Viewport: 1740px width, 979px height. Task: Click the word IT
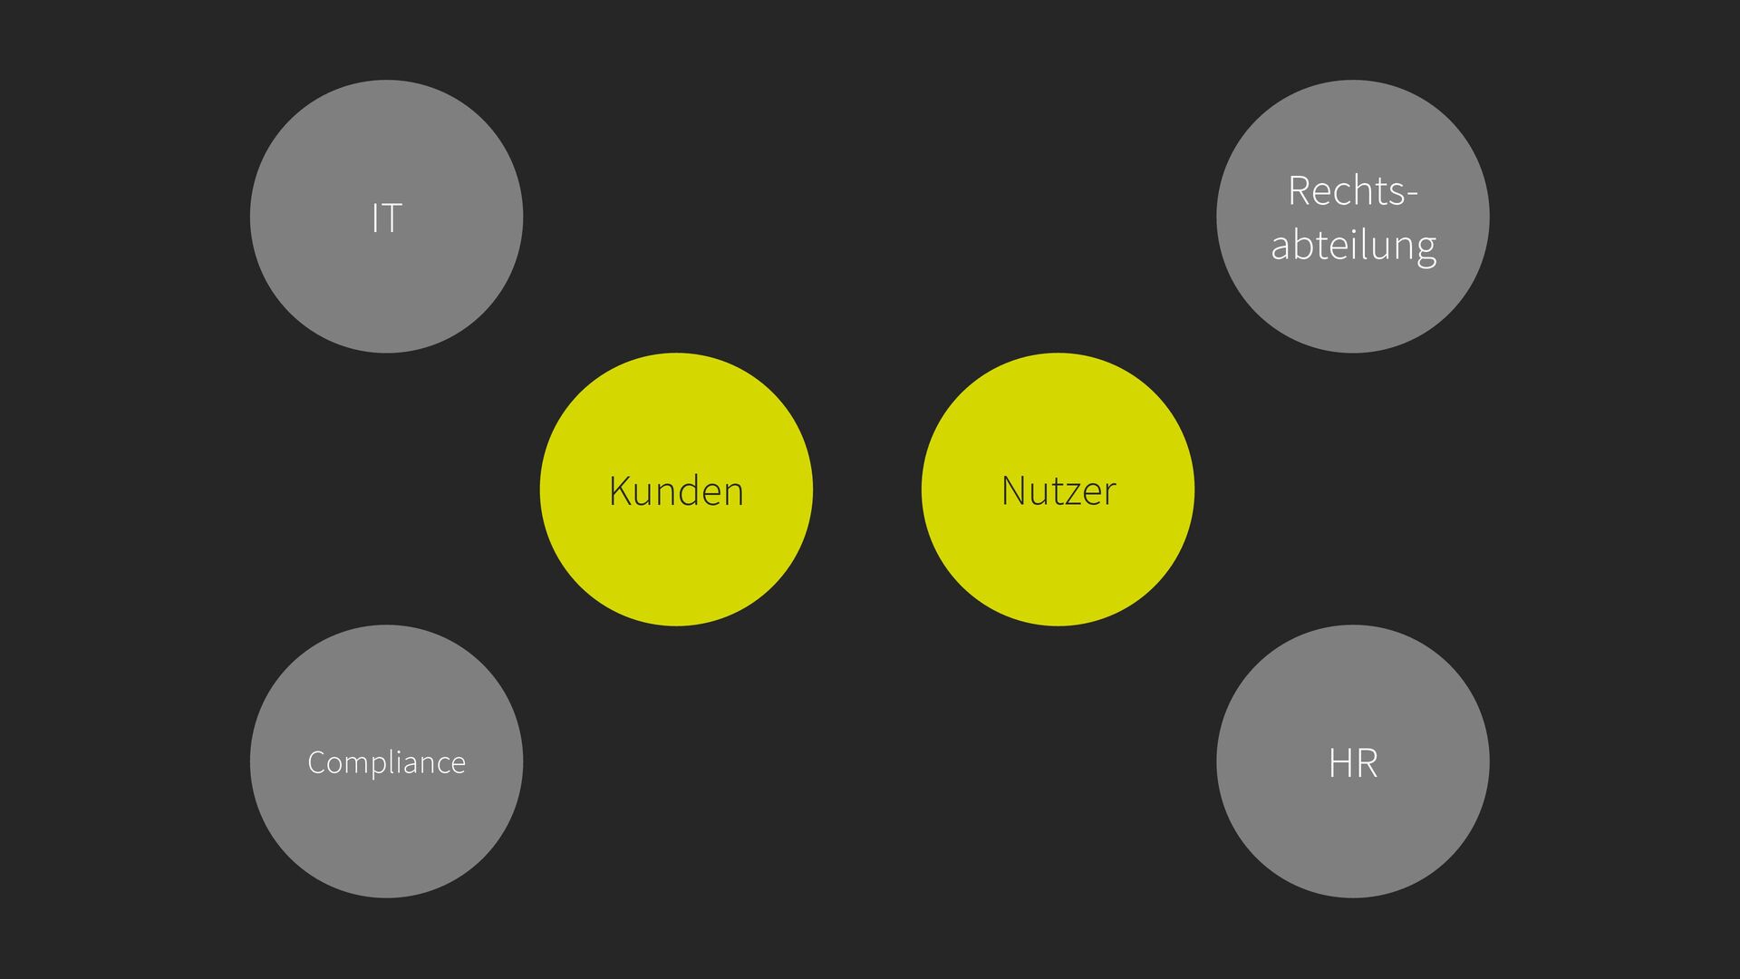coord(386,218)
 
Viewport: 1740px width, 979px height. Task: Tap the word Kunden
coord(676,491)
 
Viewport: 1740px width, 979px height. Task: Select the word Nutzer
coord(1058,491)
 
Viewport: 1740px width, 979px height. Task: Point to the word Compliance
coord(386,763)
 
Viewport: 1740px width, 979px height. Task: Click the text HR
coord(1353,763)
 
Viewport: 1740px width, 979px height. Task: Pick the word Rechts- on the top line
coord(1352,191)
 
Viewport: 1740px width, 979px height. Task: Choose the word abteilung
coord(1353,246)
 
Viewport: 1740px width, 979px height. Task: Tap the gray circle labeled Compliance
coord(386,834)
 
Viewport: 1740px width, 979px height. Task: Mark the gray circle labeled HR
coord(1353,834)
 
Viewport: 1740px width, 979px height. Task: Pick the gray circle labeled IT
coord(386,290)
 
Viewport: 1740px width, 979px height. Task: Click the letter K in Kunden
coord(620,491)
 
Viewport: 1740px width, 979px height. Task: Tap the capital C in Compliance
coord(316,763)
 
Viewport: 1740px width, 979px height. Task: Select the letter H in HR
coord(1340,763)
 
